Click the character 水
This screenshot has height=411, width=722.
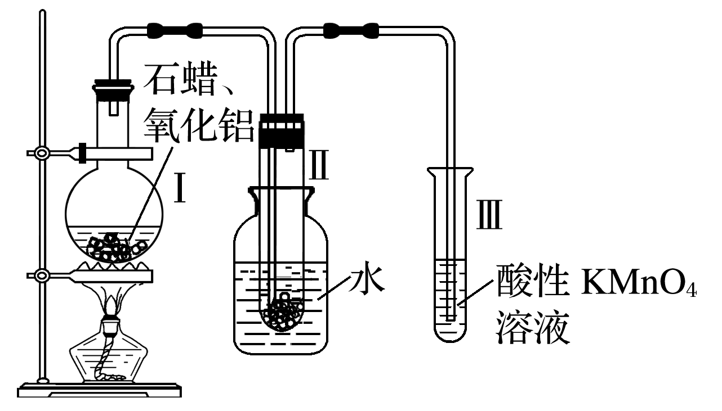click(x=367, y=277)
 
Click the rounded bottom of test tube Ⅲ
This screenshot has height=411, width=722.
click(x=450, y=335)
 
